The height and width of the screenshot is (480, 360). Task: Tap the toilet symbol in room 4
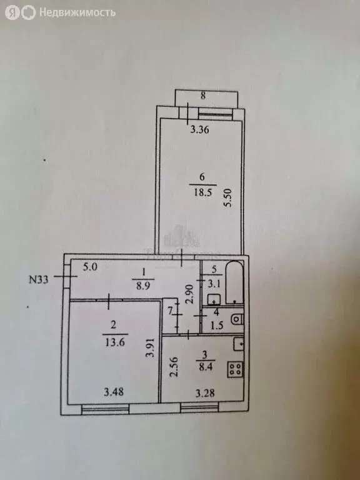pyautogui.click(x=238, y=319)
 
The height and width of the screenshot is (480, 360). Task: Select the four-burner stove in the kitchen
pyautogui.click(x=235, y=369)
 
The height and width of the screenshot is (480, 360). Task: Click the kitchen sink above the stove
pyautogui.click(x=239, y=344)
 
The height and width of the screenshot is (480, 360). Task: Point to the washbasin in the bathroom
pyautogui.click(x=214, y=299)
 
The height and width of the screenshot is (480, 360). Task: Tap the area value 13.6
pyautogui.click(x=115, y=342)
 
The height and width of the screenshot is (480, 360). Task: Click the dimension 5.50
pyautogui.click(x=228, y=197)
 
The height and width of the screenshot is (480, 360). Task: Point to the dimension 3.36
pyautogui.click(x=199, y=130)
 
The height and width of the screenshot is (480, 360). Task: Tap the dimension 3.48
pyautogui.click(x=114, y=392)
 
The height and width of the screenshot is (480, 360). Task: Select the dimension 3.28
pyautogui.click(x=205, y=392)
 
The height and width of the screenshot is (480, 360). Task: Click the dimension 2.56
pyautogui.click(x=174, y=367)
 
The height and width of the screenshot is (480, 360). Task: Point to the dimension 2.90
pyautogui.click(x=190, y=294)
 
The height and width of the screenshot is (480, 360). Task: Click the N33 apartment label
pyautogui.click(x=39, y=279)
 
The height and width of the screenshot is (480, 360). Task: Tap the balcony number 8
pyautogui.click(x=203, y=96)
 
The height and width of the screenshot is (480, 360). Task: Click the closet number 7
pyautogui.click(x=170, y=311)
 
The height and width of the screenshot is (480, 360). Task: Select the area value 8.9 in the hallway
pyautogui.click(x=144, y=284)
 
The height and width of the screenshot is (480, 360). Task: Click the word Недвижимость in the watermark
pyautogui.click(x=77, y=12)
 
